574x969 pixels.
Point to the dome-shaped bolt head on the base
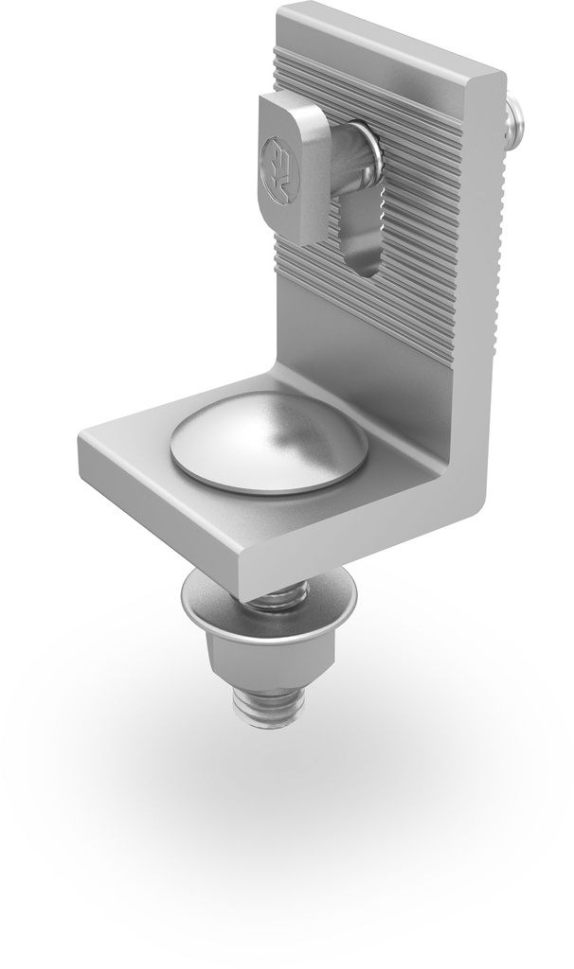coord(268,441)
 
